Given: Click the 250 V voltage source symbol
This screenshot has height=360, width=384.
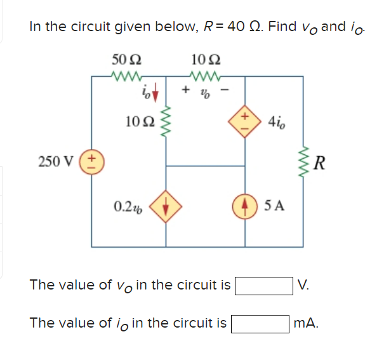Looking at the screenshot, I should click(91, 161).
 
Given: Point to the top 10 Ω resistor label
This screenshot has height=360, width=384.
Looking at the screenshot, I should click(206, 61).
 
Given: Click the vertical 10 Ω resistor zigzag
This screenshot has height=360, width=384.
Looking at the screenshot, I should click(166, 121).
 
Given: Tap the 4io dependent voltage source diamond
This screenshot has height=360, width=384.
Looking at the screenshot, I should click(246, 121).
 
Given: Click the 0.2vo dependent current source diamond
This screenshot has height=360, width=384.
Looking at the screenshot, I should click(166, 206).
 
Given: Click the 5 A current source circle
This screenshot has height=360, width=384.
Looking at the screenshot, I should click(246, 206).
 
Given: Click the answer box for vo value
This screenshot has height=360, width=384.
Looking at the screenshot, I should click(263, 284).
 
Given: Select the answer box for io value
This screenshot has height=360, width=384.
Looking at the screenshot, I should click(260, 323).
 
